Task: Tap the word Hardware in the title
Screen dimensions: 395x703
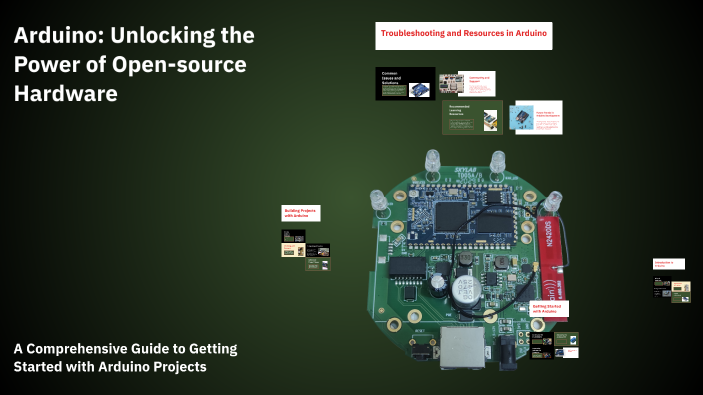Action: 65,94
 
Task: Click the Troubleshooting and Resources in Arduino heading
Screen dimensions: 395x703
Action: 463,34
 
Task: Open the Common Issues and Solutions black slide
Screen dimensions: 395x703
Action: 405,83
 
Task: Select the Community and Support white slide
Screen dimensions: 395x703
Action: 468,83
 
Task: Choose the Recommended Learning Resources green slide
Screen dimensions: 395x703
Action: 470,117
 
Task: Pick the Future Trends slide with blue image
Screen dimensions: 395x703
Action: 536,117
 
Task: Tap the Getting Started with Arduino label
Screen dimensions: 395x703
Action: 549,311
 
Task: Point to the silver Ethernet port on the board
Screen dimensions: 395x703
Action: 463,344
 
